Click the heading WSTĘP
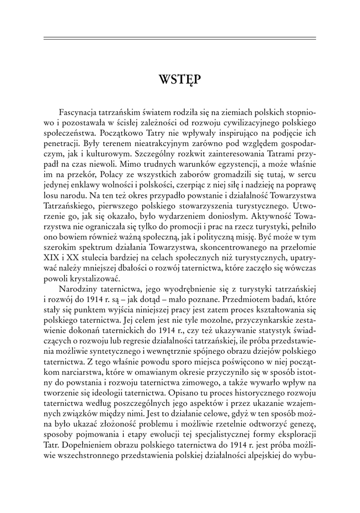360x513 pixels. pos(180,79)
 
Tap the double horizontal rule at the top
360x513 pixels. pos(180,38)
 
